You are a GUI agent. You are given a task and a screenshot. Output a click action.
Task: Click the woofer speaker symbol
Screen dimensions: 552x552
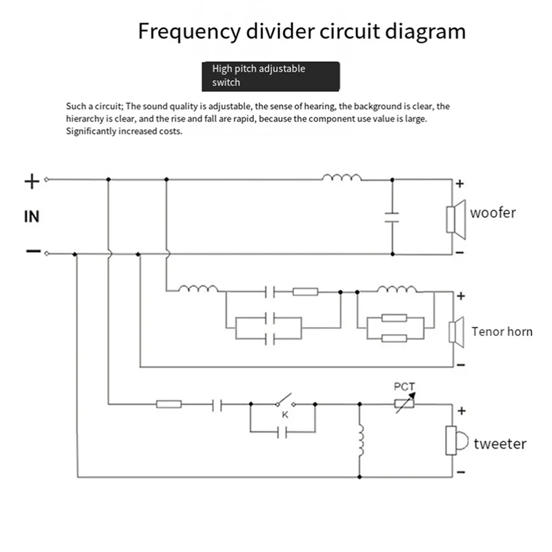(x=456, y=219)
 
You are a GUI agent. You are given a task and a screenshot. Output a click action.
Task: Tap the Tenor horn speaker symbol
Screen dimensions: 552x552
(x=456, y=332)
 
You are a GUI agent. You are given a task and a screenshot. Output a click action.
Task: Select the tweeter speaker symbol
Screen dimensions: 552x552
(x=457, y=440)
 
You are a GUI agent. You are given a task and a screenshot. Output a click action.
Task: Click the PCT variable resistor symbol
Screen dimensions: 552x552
(x=404, y=404)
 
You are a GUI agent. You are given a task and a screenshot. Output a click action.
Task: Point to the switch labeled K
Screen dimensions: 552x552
(x=286, y=401)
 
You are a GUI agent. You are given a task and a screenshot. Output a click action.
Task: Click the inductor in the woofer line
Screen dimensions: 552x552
(x=342, y=177)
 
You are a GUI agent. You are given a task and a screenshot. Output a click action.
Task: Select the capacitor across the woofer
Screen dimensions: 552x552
(x=392, y=217)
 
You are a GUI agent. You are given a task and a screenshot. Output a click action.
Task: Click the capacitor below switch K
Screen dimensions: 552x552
(x=282, y=432)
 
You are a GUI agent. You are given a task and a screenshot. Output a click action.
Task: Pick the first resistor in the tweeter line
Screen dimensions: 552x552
(x=169, y=404)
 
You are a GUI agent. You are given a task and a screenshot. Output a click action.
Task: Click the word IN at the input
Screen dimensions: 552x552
(x=32, y=217)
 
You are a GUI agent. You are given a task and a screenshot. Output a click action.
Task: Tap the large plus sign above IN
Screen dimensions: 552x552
(x=32, y=181)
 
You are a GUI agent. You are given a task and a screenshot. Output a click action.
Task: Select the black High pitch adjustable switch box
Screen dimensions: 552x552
(x=270, y=77)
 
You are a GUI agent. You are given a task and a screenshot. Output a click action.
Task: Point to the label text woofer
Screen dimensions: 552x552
(x=493, y=213)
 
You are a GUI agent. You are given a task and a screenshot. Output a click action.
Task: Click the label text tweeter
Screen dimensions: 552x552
(x=500, y=444)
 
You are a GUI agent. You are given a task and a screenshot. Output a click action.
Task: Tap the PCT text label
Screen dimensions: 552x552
(x=404, y=387)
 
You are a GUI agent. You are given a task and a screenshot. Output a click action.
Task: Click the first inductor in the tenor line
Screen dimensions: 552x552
(x=198, y=288)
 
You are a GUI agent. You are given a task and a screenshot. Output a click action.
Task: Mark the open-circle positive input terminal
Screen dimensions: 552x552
(x=46, y=179)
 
